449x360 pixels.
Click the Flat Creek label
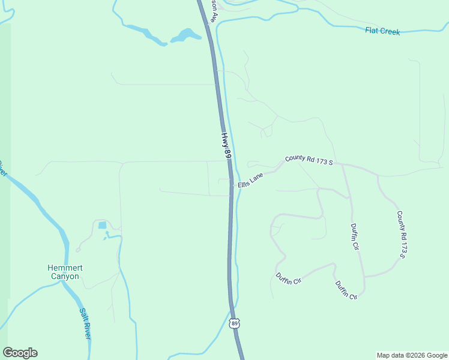pyautogui.click(x=382, y=31)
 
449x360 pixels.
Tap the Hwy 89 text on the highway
pyautogui.click(x=226, y=146)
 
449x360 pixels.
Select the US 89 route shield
pyautogui.click(x=235, y=323)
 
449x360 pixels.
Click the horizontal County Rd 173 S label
pyautogui.click(x=309, y=160)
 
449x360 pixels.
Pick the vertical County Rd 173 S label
pyautogui.click(x=402, y=235)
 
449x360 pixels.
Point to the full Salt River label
pyautogui.click(x=85, y=323)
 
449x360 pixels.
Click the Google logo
pyautogui.click(x=20, y=353)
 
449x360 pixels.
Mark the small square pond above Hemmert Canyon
pyautogui.click(x=102, y=226)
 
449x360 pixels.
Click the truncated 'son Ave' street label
pyautogui.click(x=212, y=10)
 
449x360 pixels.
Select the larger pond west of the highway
pyautogui.click(x=185, y=35)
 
